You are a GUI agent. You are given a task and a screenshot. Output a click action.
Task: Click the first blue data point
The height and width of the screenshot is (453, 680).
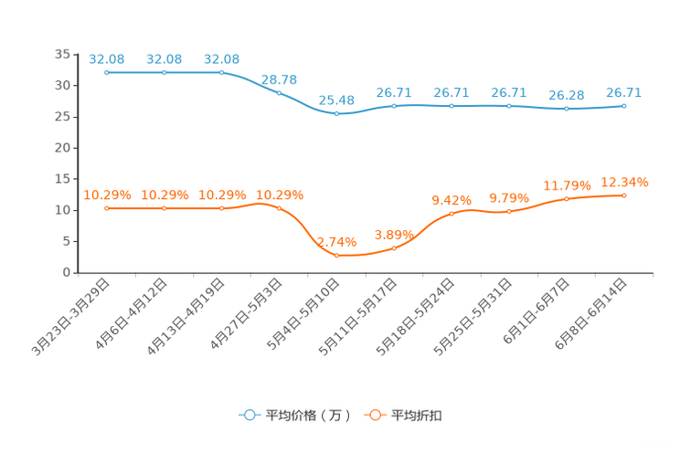(x=107, y=72)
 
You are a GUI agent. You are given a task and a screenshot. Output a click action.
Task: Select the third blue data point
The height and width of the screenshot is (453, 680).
(x=222, y=72)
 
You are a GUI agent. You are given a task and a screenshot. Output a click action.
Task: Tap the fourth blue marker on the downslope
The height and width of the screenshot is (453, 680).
(x=280, y=92)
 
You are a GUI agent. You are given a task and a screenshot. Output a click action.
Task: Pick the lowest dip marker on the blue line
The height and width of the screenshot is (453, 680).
(x=337, y=114)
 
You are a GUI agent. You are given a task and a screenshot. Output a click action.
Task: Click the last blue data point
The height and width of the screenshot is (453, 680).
(x=624, y=105)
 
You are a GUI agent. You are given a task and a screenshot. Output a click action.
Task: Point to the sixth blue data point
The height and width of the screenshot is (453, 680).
(x=394, y=105)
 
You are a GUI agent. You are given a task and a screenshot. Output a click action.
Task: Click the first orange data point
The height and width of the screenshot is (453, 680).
(x=107, y=208)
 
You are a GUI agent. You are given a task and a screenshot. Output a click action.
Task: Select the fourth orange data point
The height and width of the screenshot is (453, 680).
(x=280, y=208)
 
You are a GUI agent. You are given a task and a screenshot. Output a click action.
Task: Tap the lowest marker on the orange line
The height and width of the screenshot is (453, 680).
(x=337, y=256)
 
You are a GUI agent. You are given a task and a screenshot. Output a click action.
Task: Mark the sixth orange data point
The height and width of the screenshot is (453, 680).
(x=394, y=248)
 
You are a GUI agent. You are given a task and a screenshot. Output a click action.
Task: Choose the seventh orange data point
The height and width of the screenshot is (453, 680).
(x=452, y=213)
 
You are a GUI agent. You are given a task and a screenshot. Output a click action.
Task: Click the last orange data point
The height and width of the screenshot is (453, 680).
(x=624, y=195)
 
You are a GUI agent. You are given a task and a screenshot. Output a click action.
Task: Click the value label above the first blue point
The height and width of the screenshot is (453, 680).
(x=106, y=58)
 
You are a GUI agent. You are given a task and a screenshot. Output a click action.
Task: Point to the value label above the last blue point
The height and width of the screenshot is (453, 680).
(x=624, y=92)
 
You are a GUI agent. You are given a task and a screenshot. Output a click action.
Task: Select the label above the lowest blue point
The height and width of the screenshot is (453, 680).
(x=336, y=99)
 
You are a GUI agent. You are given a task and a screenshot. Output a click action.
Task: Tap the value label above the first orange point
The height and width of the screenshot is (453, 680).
(x=107, y=195)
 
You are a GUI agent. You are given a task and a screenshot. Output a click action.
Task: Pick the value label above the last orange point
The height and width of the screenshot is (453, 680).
(x=624, y=182)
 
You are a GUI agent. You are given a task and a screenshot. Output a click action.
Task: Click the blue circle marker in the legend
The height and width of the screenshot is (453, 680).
(x=249, y=415)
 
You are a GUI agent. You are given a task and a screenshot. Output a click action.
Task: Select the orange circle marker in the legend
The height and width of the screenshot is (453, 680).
(x=375, y=415)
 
